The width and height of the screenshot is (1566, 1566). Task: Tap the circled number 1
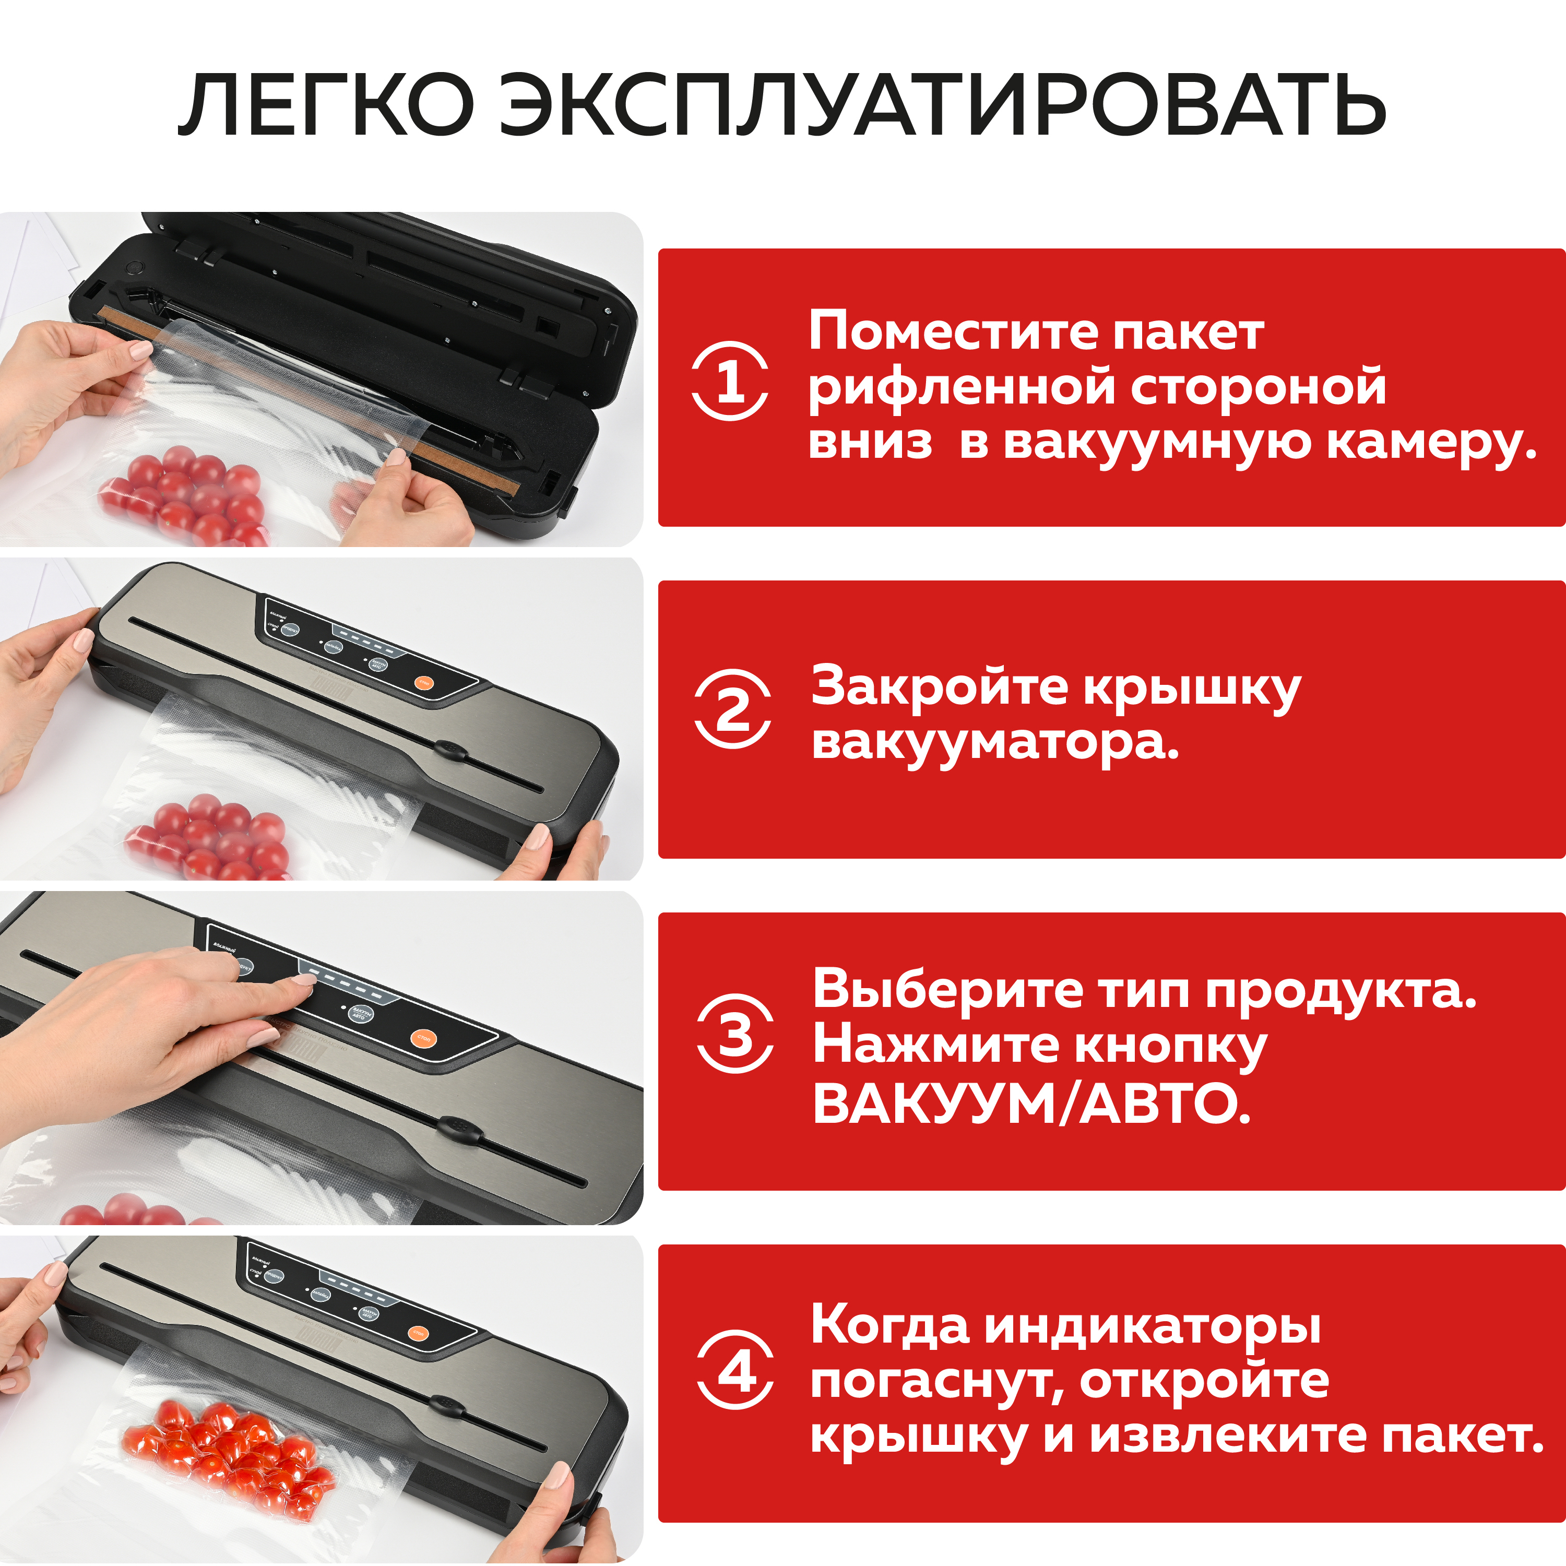[730, 381]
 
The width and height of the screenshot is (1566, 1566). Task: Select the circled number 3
[735, 1034]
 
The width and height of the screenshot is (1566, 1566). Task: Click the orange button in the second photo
[424, 682]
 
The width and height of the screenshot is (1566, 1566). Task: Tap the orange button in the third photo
[423, 1038]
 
